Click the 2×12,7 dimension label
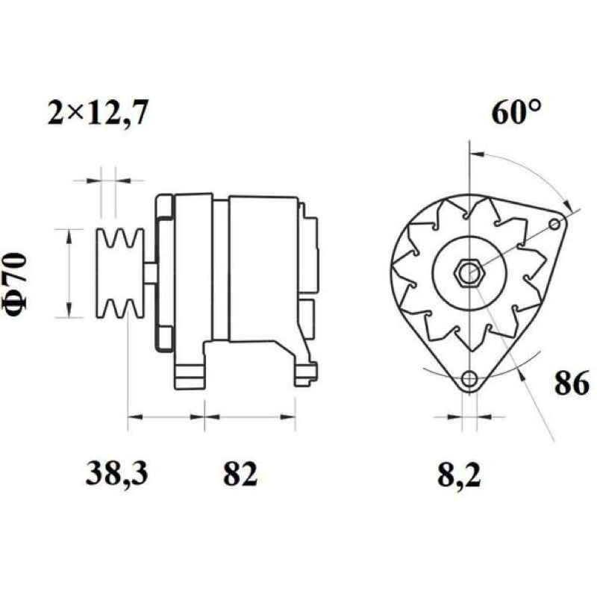pyautogui.click(x=98, y=113)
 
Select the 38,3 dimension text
pyautogui.click(x=116, y=473)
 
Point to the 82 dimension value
pyautogui.click(x=240, y=473)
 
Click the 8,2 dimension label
pyautogui.click(x=460, y=475)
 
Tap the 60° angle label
pyautogui.click(x=516, y=113)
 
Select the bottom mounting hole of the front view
pyautogui.click(x=469, y=379)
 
